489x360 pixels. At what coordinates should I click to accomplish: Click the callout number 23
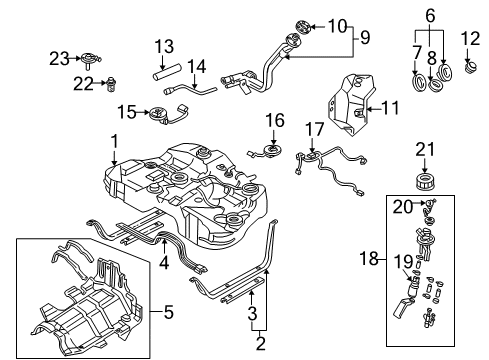click(x=59, y=59)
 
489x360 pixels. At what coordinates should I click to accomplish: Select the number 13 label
click(x=164, y=46)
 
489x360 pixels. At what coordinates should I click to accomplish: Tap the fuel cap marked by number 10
click(x=303, y=27)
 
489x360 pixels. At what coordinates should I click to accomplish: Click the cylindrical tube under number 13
click(x=166, y=72)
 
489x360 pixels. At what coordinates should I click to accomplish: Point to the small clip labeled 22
click(x=110, y=85)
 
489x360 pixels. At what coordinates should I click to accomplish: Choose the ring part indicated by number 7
click(x=418, y=82)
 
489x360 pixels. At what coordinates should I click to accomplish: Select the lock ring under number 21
click(x=425, y=182)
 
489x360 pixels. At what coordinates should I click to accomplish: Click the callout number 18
click(x=369, y=258)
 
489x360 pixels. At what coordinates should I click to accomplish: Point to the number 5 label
click(x=169, y=312)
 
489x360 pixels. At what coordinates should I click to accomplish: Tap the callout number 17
click(x=315, y=129)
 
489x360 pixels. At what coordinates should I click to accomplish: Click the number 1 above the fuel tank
click(x=114, y=142)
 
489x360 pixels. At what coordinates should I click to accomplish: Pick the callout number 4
click(x=164, y=263)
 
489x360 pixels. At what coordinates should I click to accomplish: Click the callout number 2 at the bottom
click(x=260, y=343)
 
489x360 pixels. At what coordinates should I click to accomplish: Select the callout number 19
click(x=404, y=262)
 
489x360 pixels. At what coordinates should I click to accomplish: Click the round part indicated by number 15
click(x=157, y=113)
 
